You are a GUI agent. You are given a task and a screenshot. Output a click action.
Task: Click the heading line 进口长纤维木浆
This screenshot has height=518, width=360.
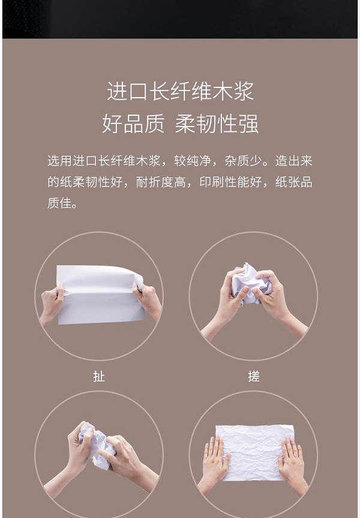(x=181, y=91)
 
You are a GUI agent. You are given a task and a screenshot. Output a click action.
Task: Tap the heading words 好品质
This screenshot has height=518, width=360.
(x=133, y=124)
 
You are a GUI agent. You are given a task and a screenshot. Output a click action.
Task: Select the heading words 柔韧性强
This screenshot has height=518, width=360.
(x=217, y=124)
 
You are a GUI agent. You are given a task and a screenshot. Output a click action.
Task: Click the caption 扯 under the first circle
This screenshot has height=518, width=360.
(x=99, y=377)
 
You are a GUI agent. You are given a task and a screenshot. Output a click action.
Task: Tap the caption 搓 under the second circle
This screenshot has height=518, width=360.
(x=254, y=377)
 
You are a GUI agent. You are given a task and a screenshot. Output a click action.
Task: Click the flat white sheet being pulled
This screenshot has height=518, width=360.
(x=100, y=294)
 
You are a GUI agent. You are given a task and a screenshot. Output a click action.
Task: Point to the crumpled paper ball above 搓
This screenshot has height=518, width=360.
(x=251, y=283)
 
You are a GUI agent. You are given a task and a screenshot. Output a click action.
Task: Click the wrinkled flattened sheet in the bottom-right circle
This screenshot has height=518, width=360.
(x=255, y=453)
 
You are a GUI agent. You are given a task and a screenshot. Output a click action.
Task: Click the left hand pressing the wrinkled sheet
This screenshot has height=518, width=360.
(x=215, y=462)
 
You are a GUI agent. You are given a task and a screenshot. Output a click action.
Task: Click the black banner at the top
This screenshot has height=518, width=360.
(x=180, y=19)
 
